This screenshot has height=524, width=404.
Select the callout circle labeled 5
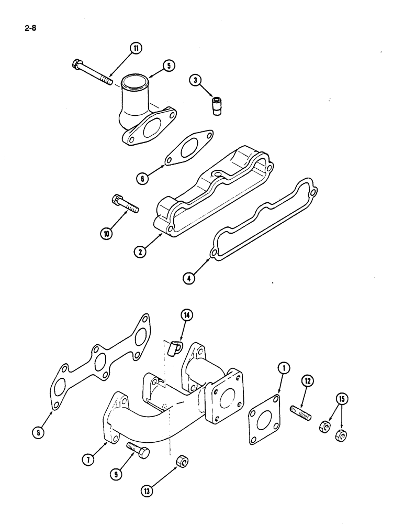[x=168, y=65]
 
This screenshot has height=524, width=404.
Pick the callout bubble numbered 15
[x=341, y=400]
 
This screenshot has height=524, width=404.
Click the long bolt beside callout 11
[x=92, y=72]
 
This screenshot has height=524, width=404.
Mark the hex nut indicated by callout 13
[x=183, y=462]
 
